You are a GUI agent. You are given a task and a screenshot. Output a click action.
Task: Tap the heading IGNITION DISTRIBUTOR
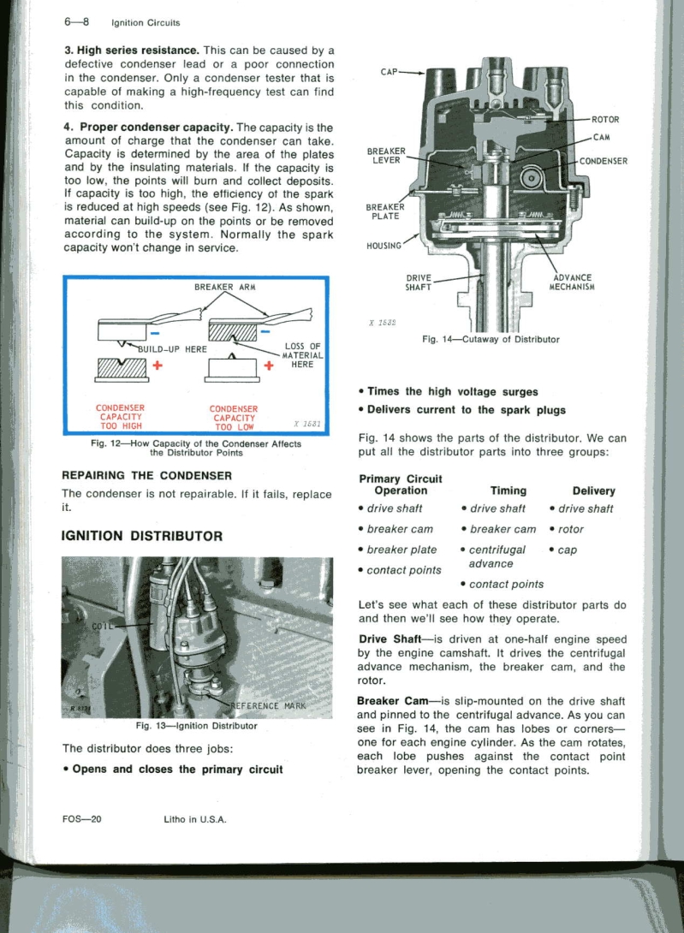click(143, 537)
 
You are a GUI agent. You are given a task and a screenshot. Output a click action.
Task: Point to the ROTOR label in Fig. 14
click(604, 119)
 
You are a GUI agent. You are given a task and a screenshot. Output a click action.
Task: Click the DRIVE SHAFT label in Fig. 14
click(419, 281)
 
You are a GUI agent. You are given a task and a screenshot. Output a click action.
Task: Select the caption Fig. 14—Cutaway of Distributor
click(491, 339)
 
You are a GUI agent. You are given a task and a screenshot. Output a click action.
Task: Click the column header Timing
click(508, 490)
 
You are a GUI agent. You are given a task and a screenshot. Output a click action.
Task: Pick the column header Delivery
click(594, 490)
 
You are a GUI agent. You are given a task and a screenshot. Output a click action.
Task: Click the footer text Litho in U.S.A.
click(194, 818)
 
